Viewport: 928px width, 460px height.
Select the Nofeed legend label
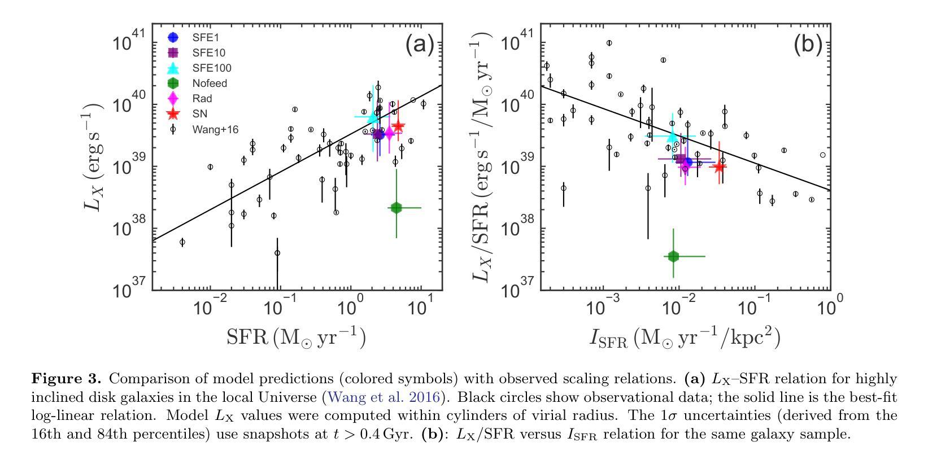(210, 84)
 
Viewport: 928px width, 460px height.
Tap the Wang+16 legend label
(215, 129)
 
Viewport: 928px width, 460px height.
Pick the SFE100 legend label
(212, 68)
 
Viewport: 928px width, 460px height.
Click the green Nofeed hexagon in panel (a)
(396, 208)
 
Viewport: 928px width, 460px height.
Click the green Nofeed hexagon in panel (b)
(673, 256)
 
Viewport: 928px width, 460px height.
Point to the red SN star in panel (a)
(398, 126)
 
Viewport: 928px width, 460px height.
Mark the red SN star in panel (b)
(719, 167)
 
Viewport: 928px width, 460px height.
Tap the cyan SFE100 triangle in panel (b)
(672, 135)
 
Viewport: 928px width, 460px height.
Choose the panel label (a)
(419, 45)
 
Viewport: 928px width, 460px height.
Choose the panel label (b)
(807, 45)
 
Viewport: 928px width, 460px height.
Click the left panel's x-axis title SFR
(296, 337)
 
